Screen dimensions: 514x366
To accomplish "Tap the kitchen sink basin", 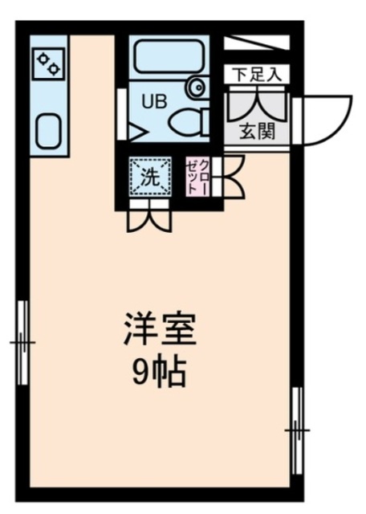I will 48,128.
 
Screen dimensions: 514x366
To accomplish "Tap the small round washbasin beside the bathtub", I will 196,86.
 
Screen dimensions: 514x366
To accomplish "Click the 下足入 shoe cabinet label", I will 256,75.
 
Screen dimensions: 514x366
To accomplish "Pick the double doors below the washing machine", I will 150,218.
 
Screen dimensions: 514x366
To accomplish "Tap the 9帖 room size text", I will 159,370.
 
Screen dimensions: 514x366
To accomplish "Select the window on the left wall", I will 22,342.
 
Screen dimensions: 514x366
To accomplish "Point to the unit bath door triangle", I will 135,128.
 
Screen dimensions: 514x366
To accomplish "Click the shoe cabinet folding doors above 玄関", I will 257,100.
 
